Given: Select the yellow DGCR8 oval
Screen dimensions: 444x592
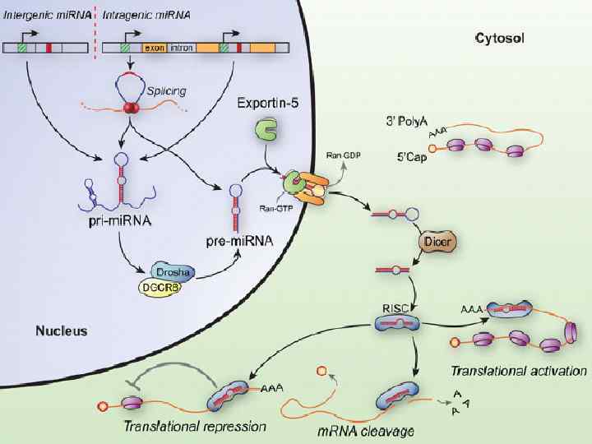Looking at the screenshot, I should (x=160, y=287).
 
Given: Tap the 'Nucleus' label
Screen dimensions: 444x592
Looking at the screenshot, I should (x=61, y=331).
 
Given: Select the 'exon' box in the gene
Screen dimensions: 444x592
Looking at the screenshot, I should (x=154, y=49).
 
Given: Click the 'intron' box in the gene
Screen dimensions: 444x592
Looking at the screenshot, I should (x=181, y=49).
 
